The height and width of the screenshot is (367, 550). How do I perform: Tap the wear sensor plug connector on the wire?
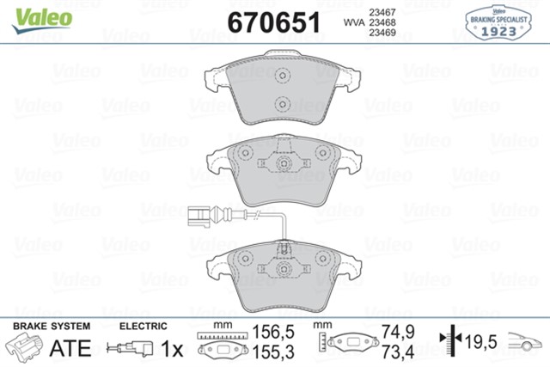coord(193,215)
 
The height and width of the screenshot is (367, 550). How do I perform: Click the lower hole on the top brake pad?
coord(280,106)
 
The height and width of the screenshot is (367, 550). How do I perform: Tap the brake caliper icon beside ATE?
coord(25,348)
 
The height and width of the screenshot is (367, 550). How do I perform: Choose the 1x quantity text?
coord(172,350)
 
